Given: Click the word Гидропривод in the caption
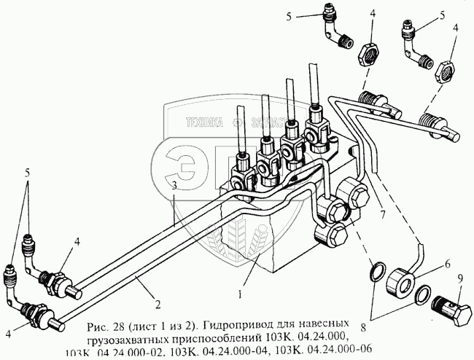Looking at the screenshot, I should [x=240, y=321].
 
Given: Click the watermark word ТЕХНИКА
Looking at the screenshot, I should [x=203, y=124].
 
